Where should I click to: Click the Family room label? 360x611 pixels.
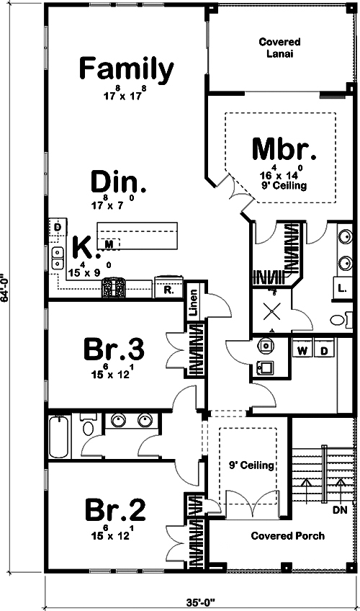coord(126,69)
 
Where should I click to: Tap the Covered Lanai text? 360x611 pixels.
coord(280,48)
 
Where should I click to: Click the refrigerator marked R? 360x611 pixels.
coord(167,290)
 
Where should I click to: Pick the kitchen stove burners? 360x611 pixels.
coord(114,288)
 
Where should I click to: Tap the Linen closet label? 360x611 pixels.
coord(193,303)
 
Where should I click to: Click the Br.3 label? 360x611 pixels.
coord(114,351)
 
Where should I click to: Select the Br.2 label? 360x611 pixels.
coord(114,511)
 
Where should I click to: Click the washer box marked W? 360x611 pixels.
coord(302,350)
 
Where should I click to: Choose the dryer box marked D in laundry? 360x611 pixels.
coord(324,350)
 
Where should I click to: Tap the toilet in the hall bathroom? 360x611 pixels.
coord(88,427)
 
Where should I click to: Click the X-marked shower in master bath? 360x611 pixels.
coord(271,311)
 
